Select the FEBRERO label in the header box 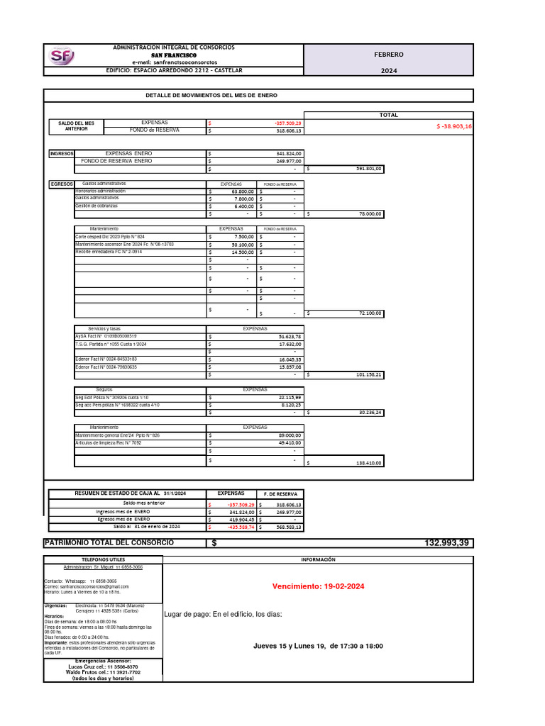[x=389, y=55]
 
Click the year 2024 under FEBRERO [x=389, y=71]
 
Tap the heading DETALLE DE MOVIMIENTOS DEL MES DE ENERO [x=211, y=95]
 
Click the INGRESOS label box [x=61, y=153]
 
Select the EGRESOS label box [x=61, y=184]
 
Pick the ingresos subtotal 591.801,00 [x=368, y=169]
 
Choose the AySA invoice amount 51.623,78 [x=290, y=336]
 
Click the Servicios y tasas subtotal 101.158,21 [x=368, y=374]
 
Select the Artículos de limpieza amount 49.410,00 [x=290, y=442]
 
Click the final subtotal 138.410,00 [x=368, y=463]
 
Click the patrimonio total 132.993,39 [x=447, y=542]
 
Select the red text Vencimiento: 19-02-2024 [x=318, y=586]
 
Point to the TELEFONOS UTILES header [x=103, y=559]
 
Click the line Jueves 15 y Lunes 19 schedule [x=318, y=646]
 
